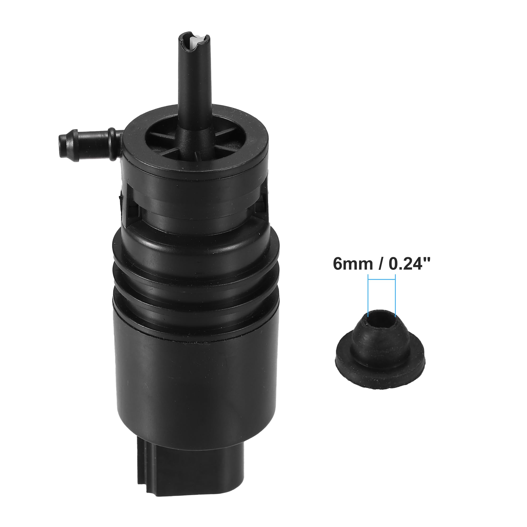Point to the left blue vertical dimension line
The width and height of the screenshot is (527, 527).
(368, 297)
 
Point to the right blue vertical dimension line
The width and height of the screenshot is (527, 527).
(395, 297)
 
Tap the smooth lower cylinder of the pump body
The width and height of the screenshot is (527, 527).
(196, 387)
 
